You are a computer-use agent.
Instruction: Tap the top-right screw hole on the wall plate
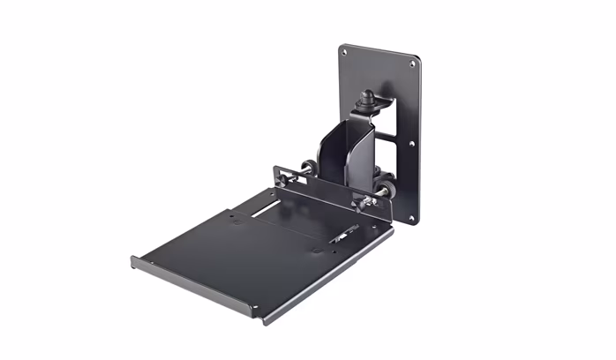[412, 64]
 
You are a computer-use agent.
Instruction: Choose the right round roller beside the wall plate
[386, 189]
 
